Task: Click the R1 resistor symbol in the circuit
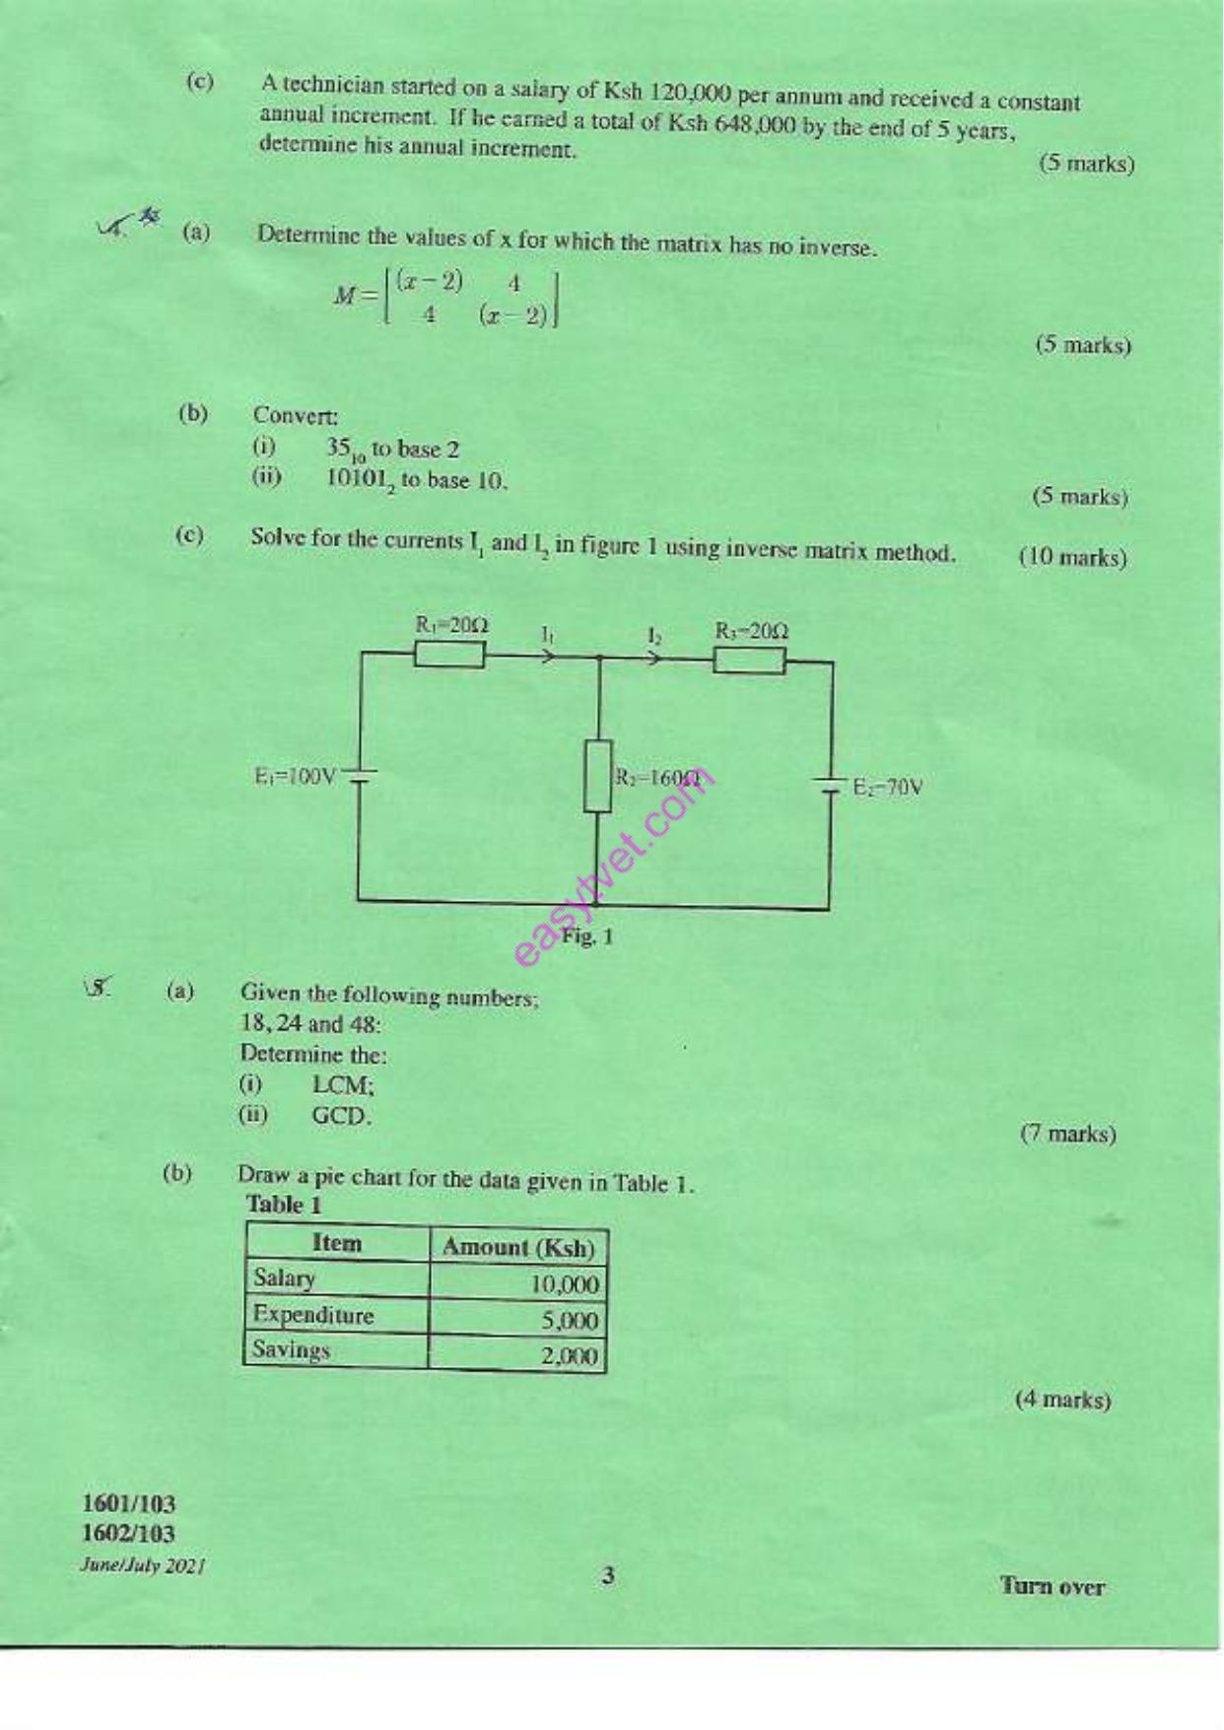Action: click(449, 655)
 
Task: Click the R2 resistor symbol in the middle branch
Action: click(597, 776)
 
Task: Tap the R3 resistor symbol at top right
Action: click(749, 660)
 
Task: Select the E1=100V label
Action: click(296, 777)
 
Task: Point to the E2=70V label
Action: click(888, 788)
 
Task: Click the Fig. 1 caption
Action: click(587, 935)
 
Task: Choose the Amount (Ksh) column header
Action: click(518, 1247)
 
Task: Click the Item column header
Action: click(337, 1243)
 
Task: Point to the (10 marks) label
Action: click(1072, 557)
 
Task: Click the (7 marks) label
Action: click(1068, 1134)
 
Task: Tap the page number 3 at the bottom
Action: click(608, 1575)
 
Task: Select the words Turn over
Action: click(1053, 1586)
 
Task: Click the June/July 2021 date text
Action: click(143, 1565)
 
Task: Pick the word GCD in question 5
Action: click(340, 1116)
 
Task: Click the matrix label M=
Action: click(356, 295)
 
